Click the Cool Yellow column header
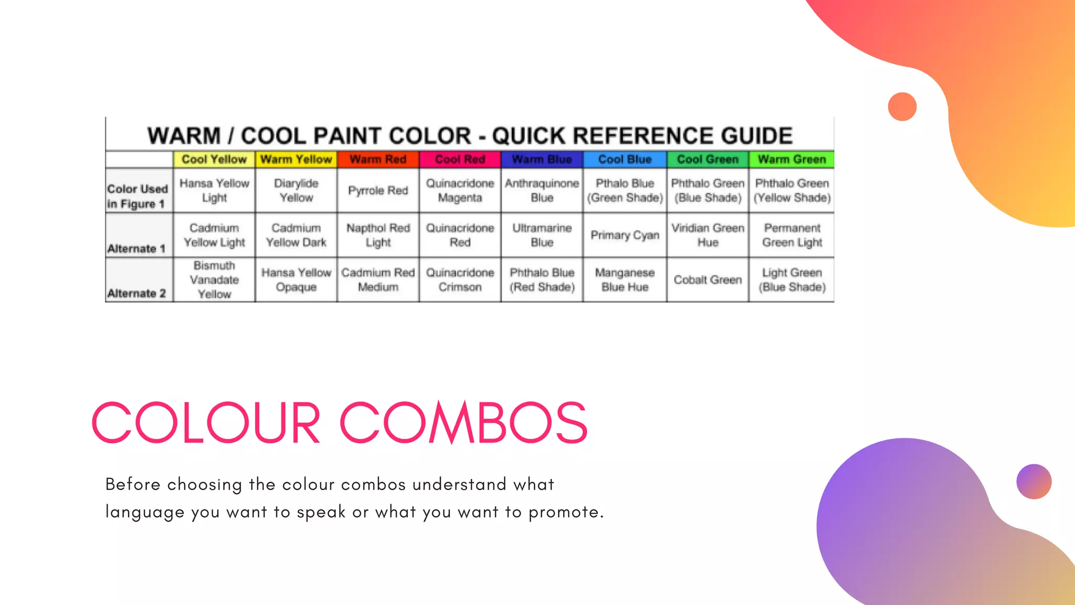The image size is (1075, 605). [214, 159]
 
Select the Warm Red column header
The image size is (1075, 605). [378, 159]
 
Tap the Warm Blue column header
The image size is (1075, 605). [542, 159]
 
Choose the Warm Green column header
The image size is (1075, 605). [792, 159]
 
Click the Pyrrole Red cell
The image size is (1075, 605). [378, 191]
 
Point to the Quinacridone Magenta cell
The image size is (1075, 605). [460, 191]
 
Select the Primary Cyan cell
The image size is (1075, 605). [625, 235]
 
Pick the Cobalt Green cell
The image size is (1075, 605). [708, 280]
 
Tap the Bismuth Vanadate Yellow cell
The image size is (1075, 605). [214, 280]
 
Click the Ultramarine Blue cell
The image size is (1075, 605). [542, 235]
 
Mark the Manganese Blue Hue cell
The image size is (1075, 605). [625, 280]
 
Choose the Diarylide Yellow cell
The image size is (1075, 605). [296, 191]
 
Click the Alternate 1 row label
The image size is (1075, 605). [136, 248]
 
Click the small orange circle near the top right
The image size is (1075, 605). [902, 107]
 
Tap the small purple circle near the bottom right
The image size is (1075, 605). [1034, 482]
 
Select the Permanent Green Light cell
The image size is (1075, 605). [792, 235]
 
